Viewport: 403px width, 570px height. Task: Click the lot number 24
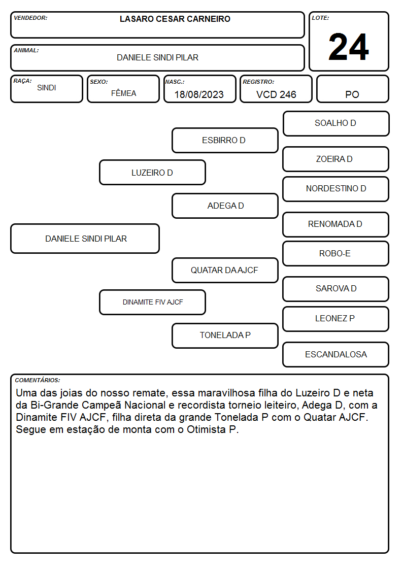point(349,47)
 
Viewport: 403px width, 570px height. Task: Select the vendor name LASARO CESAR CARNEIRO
point(175,19)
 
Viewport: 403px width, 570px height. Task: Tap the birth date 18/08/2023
point(199,94)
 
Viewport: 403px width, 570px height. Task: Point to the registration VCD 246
point(276,94)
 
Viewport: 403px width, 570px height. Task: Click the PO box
point(352,89)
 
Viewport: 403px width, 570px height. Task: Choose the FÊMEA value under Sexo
point(123,93)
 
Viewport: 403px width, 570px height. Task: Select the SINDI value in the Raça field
point(47,88)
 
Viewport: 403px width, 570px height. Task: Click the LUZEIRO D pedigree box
point(152,172)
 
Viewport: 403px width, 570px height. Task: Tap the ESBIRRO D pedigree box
point(225,140)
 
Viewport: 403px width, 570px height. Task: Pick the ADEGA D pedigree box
point(225,206)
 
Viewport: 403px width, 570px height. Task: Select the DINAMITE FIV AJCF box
point(152,302)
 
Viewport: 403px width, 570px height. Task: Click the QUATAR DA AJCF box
point(225,270)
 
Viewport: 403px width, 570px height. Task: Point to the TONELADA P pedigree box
point(225,336)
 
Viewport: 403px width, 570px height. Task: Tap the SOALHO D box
point(336,124)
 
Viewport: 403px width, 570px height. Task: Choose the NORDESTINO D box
point(336,189)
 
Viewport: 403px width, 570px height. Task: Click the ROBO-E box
point(336,254)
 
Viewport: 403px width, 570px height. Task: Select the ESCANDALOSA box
point(336,354)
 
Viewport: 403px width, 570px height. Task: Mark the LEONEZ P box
point(336,319)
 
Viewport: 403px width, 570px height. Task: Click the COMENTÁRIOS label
point(38,380)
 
